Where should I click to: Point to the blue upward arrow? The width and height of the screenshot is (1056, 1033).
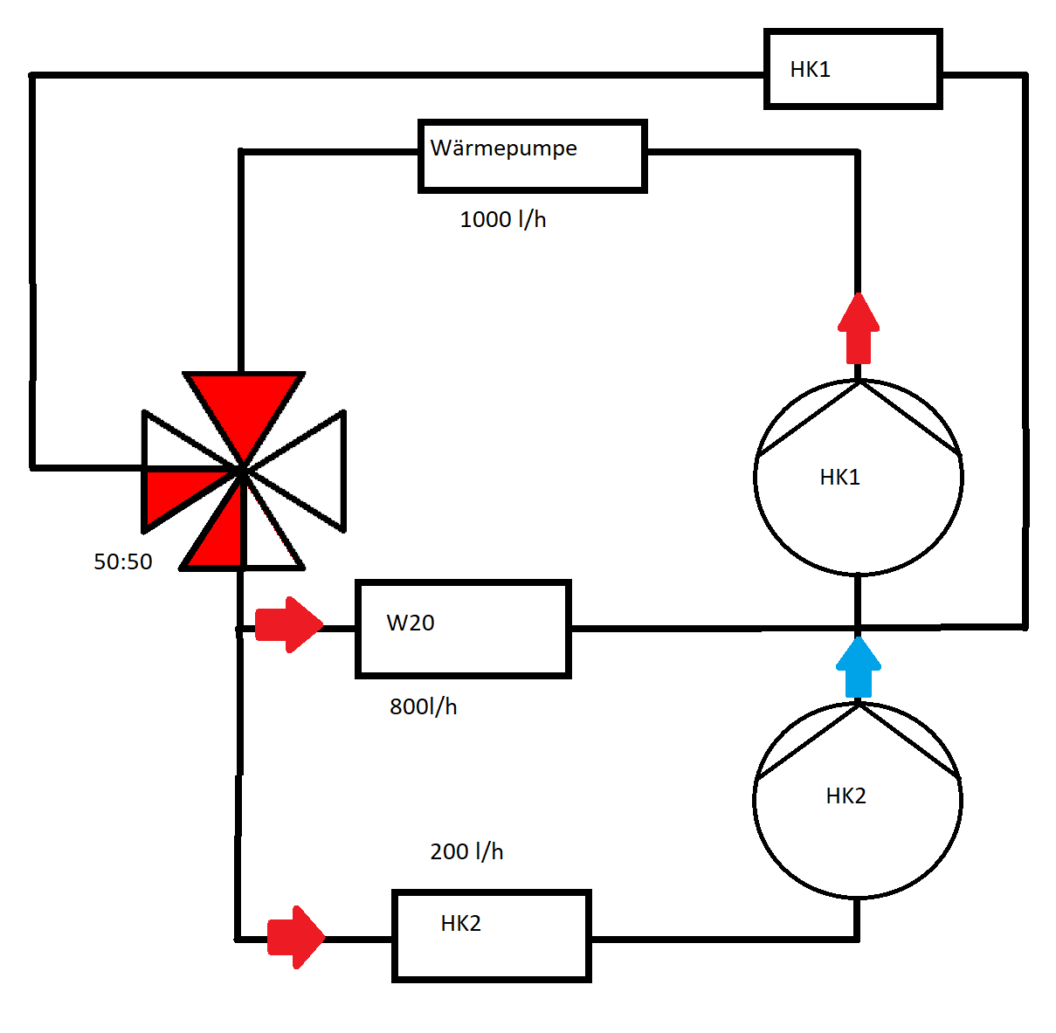(x=859, y=667)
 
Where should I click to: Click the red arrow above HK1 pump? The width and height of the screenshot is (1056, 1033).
(x=859, y=327)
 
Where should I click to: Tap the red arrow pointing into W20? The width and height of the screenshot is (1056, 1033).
(x=289, y=625)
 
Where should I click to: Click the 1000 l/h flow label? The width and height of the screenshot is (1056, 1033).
(x=502, y=219)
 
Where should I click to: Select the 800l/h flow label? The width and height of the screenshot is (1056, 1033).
(x=423, y=706)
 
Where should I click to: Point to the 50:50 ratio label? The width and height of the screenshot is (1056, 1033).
(x=122, y=561)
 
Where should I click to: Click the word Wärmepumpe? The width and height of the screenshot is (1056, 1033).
(x=504, y=148)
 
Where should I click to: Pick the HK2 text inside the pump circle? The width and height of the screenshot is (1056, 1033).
(x=845, y=795)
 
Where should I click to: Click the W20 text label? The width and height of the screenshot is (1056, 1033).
(x=411, y=623)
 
